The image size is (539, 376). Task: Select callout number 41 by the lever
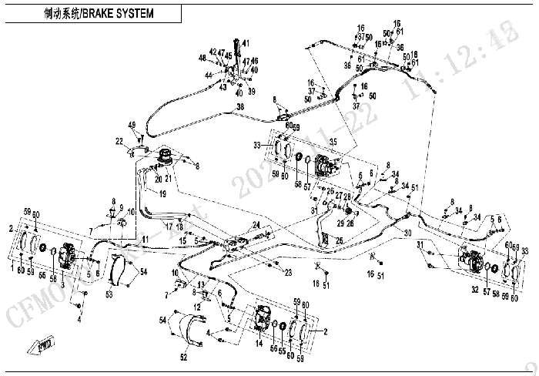pos(246,42)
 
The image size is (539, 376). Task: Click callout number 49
pos(132,125)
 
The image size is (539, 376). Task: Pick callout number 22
pos(119,140)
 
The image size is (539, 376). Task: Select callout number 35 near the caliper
pos(333,141)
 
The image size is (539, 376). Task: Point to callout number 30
pos(408,233)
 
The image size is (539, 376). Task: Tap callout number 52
pos(182,358)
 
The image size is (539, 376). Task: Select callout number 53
pos(109,294)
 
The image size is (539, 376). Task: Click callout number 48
pos(202,58)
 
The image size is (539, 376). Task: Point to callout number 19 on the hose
pos(162,194)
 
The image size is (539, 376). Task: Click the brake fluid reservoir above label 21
pos(164,157)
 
